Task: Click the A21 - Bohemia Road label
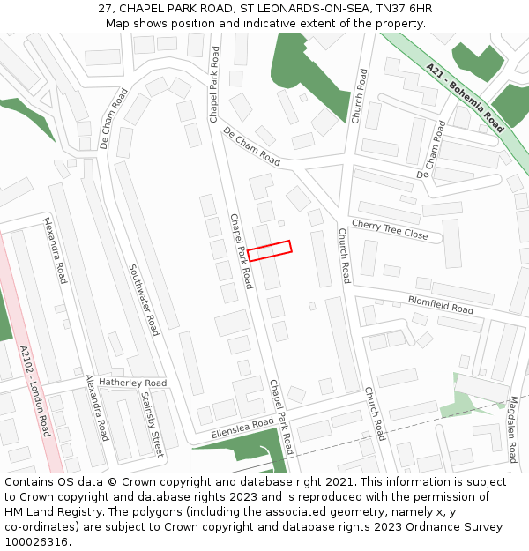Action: tap(464, 97)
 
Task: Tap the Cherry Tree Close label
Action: tap(390, 230)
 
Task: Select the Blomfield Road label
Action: tap(441, 305)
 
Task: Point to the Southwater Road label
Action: tap(144, 300)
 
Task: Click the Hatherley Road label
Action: tap(132, 383)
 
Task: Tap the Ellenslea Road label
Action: tap(242, 429)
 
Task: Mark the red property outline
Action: tap(269, 250)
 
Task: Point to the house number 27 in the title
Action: tap(105, 8)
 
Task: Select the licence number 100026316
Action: tap(38, 542)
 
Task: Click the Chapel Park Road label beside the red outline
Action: tap(241, 250)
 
